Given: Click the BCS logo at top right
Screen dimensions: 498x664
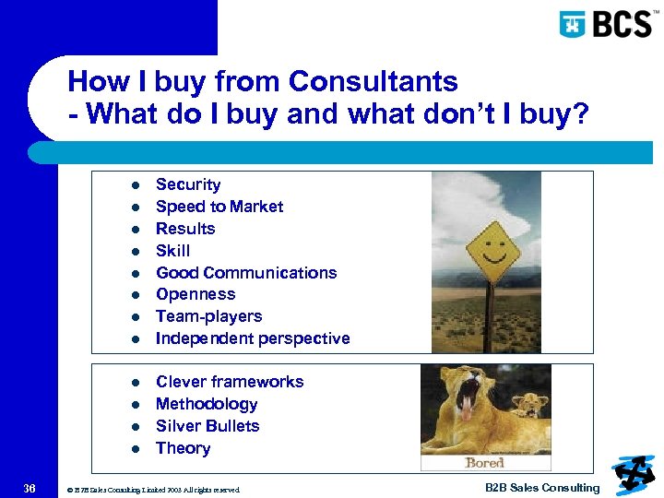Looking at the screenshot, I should click(606, 23).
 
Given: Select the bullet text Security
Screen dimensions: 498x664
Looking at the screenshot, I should click(188, 184).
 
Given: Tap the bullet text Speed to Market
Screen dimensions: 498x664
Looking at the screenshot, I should click(219, 207).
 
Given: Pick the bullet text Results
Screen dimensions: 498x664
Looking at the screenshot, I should click(185, 229).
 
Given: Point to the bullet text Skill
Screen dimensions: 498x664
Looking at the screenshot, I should click(172, 251).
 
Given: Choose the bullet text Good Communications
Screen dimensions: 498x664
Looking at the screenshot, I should click(246, 273).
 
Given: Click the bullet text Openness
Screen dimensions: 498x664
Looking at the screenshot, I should click(196, 294).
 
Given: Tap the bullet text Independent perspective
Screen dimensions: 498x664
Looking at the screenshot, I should click(253, 338).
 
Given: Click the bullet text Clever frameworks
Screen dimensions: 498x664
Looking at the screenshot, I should click(230, 382).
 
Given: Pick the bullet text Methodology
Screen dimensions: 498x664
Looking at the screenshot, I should click(207, 404).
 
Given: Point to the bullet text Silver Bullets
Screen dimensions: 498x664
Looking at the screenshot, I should click(207, 426).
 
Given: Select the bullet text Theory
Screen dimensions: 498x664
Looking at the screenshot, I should click(183, 448).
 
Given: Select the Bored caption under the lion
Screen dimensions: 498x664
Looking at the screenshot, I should click(484, 463).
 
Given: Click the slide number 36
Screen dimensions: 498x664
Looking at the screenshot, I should click(30, 488).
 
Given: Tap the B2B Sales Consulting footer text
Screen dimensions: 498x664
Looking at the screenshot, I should click(542, 488).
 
